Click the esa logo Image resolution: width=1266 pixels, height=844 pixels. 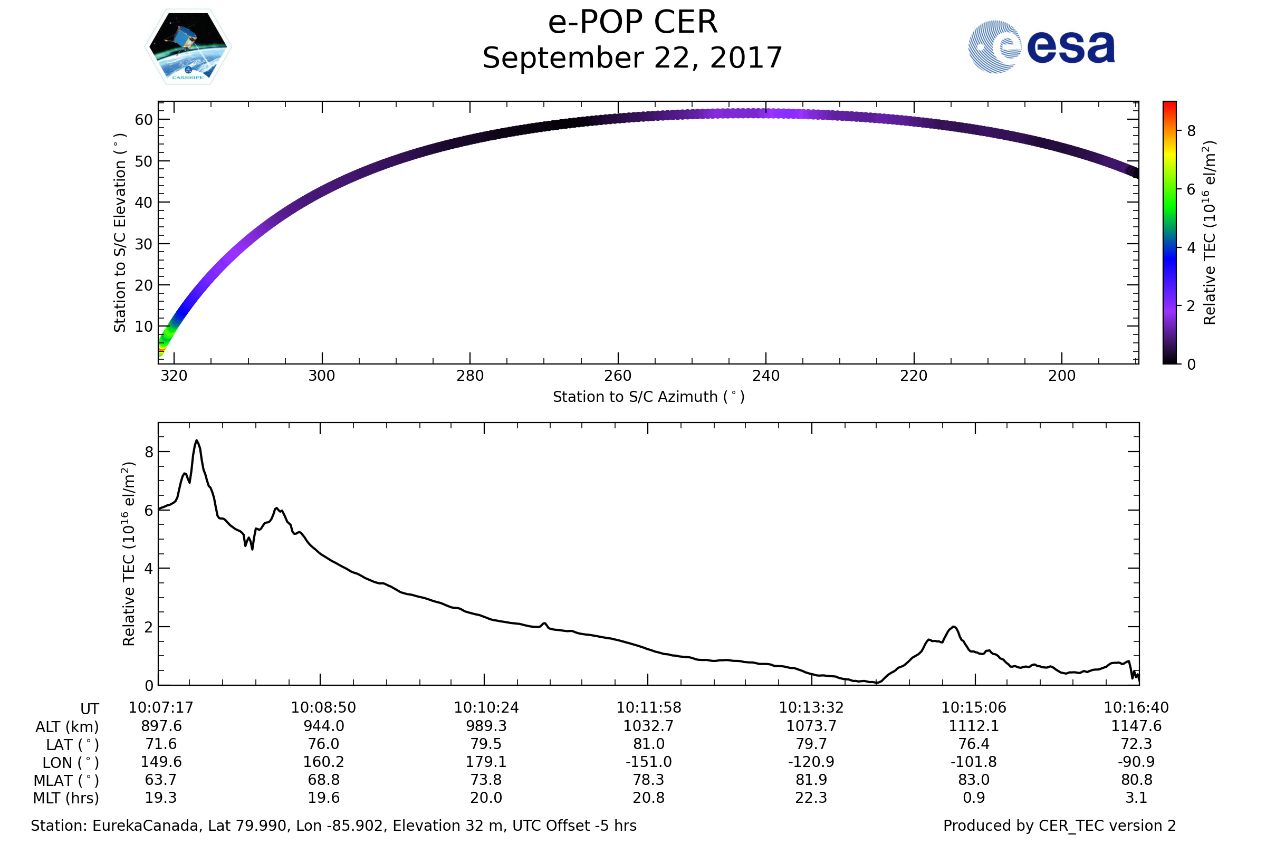(x=1041, y=47)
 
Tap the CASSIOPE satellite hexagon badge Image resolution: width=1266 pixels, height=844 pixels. (x=188, y=47)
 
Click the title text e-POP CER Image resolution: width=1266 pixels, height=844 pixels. (x=632, y=23)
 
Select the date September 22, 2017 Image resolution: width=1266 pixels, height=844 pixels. (x=632, y=58)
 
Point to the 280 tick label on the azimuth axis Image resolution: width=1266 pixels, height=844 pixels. (x=470, y=376)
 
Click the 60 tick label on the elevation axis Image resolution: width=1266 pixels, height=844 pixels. (x=143, y=120)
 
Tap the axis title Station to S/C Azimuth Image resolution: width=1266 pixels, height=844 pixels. (x=649, y=397)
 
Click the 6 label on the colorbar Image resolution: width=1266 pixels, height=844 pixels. (x=1191, y=189)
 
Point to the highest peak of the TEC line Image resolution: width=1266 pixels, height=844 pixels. (x=197, y=441)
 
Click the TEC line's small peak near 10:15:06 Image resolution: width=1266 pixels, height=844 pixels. (x=953, y=627)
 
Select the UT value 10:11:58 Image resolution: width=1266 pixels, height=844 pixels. (x=649, y=708)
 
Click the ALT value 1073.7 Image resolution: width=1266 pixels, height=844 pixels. (x=811, y=726)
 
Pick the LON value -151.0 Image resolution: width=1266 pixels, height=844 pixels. (x=649, y=762)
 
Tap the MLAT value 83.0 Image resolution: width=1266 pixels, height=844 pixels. (x=974, y=780)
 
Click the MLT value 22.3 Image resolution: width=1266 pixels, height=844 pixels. (x=811, y=798)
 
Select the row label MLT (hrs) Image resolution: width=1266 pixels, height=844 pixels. (x=66, y=798)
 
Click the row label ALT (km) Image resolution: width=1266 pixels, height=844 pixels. (x=68, y=727)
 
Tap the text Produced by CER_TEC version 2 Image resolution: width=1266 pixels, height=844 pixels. (x=1059, y=826)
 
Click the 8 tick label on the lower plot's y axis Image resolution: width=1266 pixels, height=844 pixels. (x=149, y=452)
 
